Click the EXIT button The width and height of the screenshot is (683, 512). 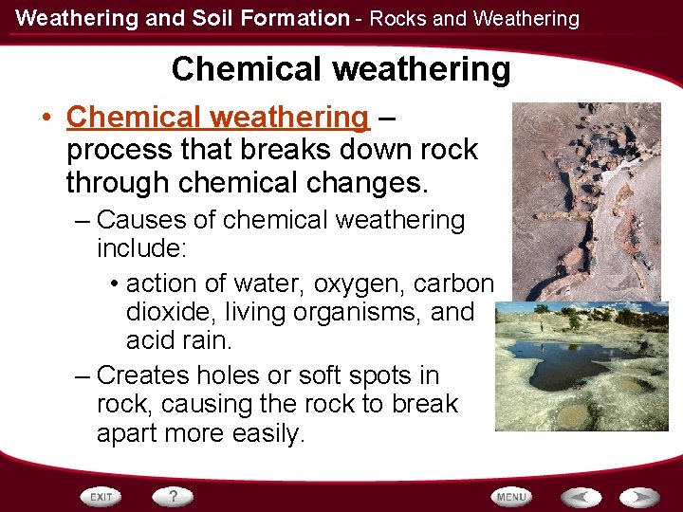(103, 496)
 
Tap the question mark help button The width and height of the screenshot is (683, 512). (173, 495)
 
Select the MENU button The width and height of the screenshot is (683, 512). (510, 496)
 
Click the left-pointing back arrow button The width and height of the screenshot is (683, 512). (581, 496)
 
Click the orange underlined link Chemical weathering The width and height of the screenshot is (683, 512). (217, 118)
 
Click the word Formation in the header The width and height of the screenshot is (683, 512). (305, 18)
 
